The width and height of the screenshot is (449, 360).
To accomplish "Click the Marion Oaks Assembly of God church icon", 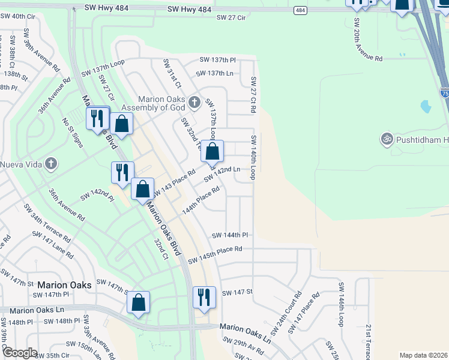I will [194, 103].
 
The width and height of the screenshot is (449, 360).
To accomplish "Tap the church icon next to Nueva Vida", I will [52, 163].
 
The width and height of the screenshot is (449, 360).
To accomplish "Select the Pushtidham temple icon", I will [387, 139].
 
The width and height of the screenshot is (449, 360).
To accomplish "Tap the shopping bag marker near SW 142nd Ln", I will [212, 151].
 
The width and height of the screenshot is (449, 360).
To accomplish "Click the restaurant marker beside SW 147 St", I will [204, 297].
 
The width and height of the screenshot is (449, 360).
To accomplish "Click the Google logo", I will [19, 353].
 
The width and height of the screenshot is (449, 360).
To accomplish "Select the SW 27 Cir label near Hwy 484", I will [232, 18].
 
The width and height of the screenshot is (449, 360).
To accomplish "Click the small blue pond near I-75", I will [426, 107].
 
